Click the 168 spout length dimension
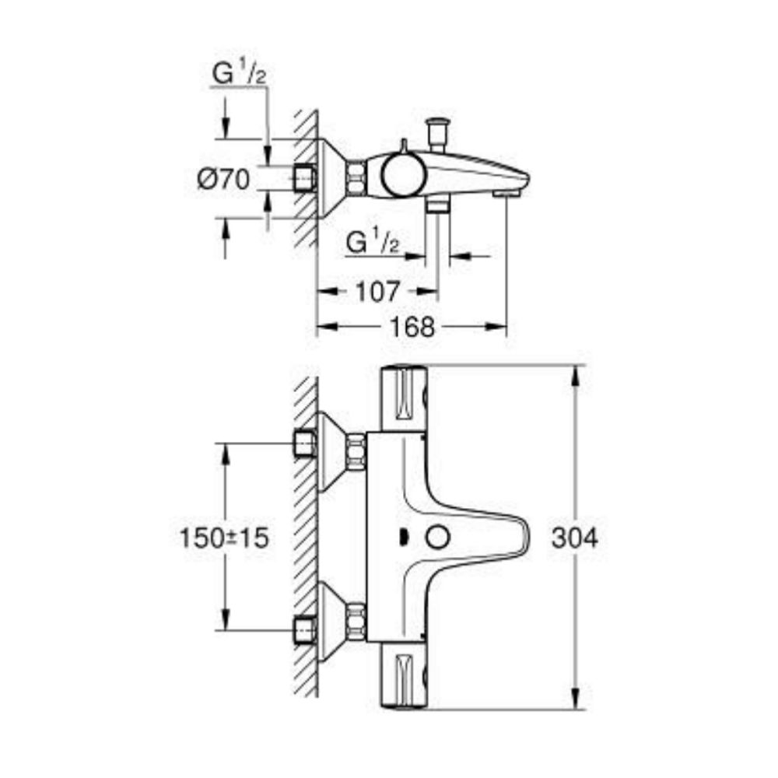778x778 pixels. [x=413, y=327]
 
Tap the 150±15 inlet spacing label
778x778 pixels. [x=219, y=538]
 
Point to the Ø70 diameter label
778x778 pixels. [x=223, y=180]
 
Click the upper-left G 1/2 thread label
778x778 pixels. [x=239, y=75]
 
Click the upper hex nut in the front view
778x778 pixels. [x=357, y=452]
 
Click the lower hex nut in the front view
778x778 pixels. [x=357, y=622]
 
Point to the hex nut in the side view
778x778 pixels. [x=357, y=178]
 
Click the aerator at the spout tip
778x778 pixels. [x=506, y=190]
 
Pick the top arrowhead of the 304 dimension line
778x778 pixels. [x=576, y=373]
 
